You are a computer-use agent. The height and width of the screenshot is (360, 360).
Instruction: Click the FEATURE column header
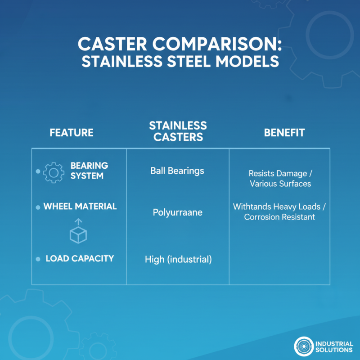(72, 133)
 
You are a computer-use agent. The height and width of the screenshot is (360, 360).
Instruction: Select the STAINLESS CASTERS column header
(178, 131)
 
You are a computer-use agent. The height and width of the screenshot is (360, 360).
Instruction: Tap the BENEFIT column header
(284, 133)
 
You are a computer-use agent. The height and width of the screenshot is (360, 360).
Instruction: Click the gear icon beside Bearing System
(54, 171)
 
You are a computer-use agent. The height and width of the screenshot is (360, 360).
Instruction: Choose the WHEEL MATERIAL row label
(80, 207)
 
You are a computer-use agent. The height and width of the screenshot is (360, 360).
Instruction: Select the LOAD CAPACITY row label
(80, 259)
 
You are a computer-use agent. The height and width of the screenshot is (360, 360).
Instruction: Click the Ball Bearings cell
(177, 171)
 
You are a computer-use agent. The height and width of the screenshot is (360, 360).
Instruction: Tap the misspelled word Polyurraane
(177, 212)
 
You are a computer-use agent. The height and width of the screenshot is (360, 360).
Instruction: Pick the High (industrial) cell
(178, 259)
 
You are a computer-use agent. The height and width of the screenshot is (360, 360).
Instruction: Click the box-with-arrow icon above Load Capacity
(78, 231)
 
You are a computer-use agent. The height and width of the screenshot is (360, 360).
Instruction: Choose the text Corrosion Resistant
(279, 217)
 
